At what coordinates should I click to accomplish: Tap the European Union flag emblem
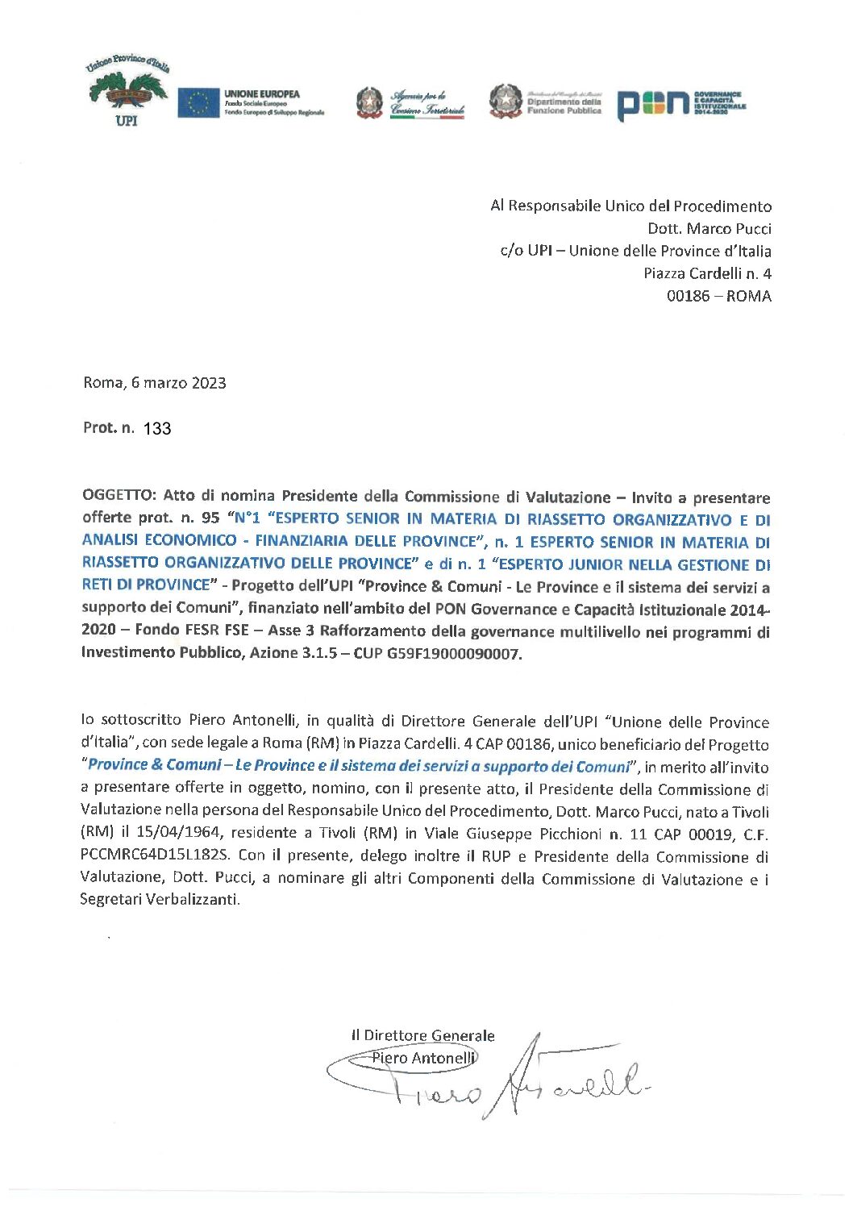pyautogui.click(x=198, y=103)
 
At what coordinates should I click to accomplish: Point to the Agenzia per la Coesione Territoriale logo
pyautogui.click(x=411, y=103)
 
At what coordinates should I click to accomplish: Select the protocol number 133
pyautogui.click(x=157, y=429)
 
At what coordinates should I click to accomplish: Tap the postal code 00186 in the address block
pyautogui.click(x=689, y=296)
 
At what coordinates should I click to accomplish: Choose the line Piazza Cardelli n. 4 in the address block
pyautogui.click(x=707, y=273)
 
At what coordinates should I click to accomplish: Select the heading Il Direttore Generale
pyautogui.click(x=422, y=1035)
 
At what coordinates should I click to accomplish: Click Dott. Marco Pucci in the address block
pyautogui.click(x=709, y=228)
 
